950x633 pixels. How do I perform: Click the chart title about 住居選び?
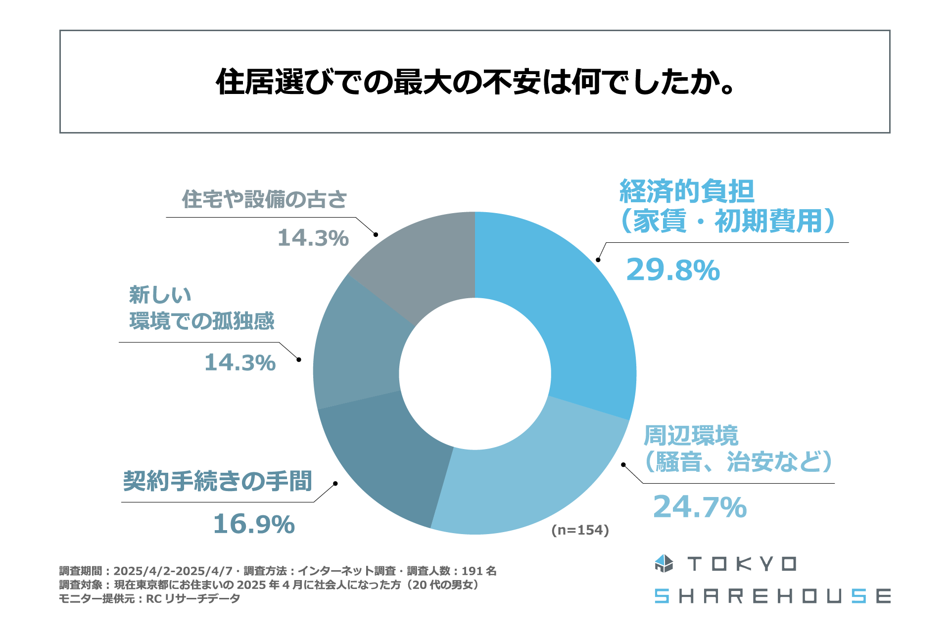[475, 82]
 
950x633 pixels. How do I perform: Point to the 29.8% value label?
[673, 270]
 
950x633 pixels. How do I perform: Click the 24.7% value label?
[700, 507]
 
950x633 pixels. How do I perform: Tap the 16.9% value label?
[254, 524]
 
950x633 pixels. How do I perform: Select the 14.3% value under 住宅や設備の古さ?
[313, 238]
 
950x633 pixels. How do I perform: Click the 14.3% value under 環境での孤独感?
[240, 362]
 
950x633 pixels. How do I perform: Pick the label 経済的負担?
[687, 191]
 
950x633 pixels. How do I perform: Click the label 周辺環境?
[691, 436]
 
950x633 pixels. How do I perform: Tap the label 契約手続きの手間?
[218, 481]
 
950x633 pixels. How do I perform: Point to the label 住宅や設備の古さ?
[265, 199]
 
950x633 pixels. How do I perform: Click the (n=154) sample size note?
[580, 530]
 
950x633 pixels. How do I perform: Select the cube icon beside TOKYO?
[664, 564]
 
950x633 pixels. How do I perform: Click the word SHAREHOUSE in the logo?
[772, 596]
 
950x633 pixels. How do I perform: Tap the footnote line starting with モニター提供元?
[149, 598]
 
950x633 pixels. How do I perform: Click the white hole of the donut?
[475, 373]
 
